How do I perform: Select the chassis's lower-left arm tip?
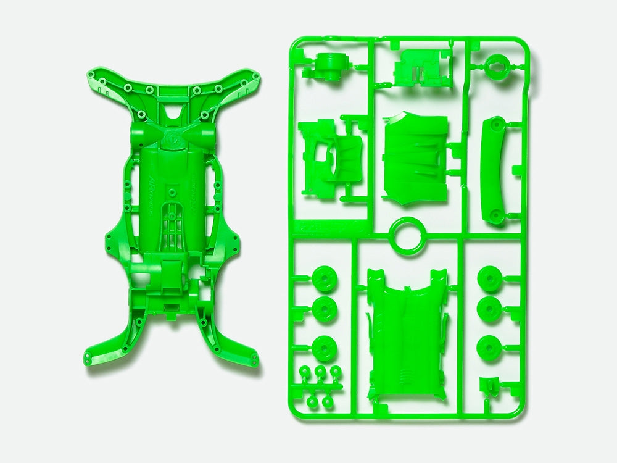pos(91,356)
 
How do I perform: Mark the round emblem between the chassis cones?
pos(172,137)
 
